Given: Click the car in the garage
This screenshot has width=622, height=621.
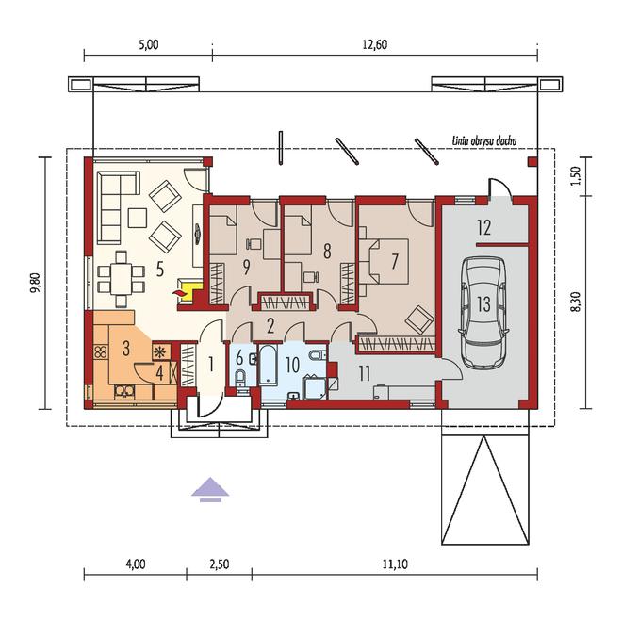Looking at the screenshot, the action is click(483, 312).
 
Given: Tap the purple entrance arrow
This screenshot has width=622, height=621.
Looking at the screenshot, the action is click(210, 490).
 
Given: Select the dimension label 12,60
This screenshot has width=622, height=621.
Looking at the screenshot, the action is click(375, 44).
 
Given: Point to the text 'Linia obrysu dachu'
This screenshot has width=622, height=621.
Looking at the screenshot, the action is click(484, 140).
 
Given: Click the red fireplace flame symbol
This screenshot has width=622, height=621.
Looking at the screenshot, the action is click(179, 293).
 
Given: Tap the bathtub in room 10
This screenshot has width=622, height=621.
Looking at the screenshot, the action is click(269, 365).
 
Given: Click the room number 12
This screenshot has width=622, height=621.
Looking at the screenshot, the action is click(484, 227).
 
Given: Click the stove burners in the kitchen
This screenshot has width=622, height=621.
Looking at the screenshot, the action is click(101, 352).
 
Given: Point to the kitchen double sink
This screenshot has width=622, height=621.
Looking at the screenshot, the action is click(124, 392).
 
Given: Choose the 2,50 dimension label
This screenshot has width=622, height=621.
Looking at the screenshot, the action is click(219, 564).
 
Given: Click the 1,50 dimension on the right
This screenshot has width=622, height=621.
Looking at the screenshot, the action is click(577, 175).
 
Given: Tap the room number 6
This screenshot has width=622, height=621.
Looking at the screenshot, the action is click(239, 358).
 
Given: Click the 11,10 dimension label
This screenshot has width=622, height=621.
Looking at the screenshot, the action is click(395, 564).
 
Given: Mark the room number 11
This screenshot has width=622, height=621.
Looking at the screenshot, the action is click(364, 373).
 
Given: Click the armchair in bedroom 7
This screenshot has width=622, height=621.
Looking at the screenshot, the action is click(418, 319).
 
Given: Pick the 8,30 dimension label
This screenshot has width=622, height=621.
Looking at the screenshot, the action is click(577, 302).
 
